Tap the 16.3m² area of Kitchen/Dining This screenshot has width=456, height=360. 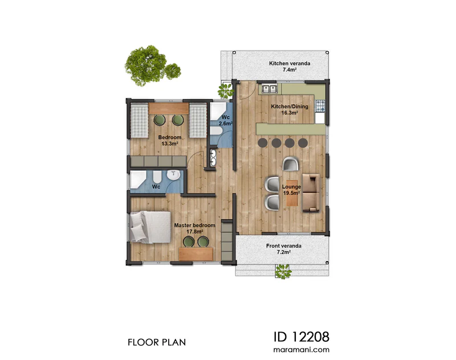click(290, 113)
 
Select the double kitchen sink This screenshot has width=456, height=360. click(269, 88)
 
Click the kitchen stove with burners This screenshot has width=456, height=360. click(320, 106)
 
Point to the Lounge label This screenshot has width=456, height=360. click(291, 187)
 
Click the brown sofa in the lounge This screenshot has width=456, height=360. click(311, 193)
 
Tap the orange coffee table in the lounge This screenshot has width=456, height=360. click(292, 193)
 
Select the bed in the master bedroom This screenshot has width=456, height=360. click(150, 227)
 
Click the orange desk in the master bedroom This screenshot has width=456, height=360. click(196, 253)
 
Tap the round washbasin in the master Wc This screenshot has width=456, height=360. click(174, 174)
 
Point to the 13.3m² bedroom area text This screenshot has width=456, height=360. click(170, 144)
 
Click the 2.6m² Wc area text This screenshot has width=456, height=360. click(225, 124)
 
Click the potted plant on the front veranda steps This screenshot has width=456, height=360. click(283, 272)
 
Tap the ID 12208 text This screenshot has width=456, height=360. click(302, 337)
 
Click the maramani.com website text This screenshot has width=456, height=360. click(302, 350)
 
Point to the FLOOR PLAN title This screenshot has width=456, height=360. click(157, 342)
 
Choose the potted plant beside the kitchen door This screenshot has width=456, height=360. click(225, 91)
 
